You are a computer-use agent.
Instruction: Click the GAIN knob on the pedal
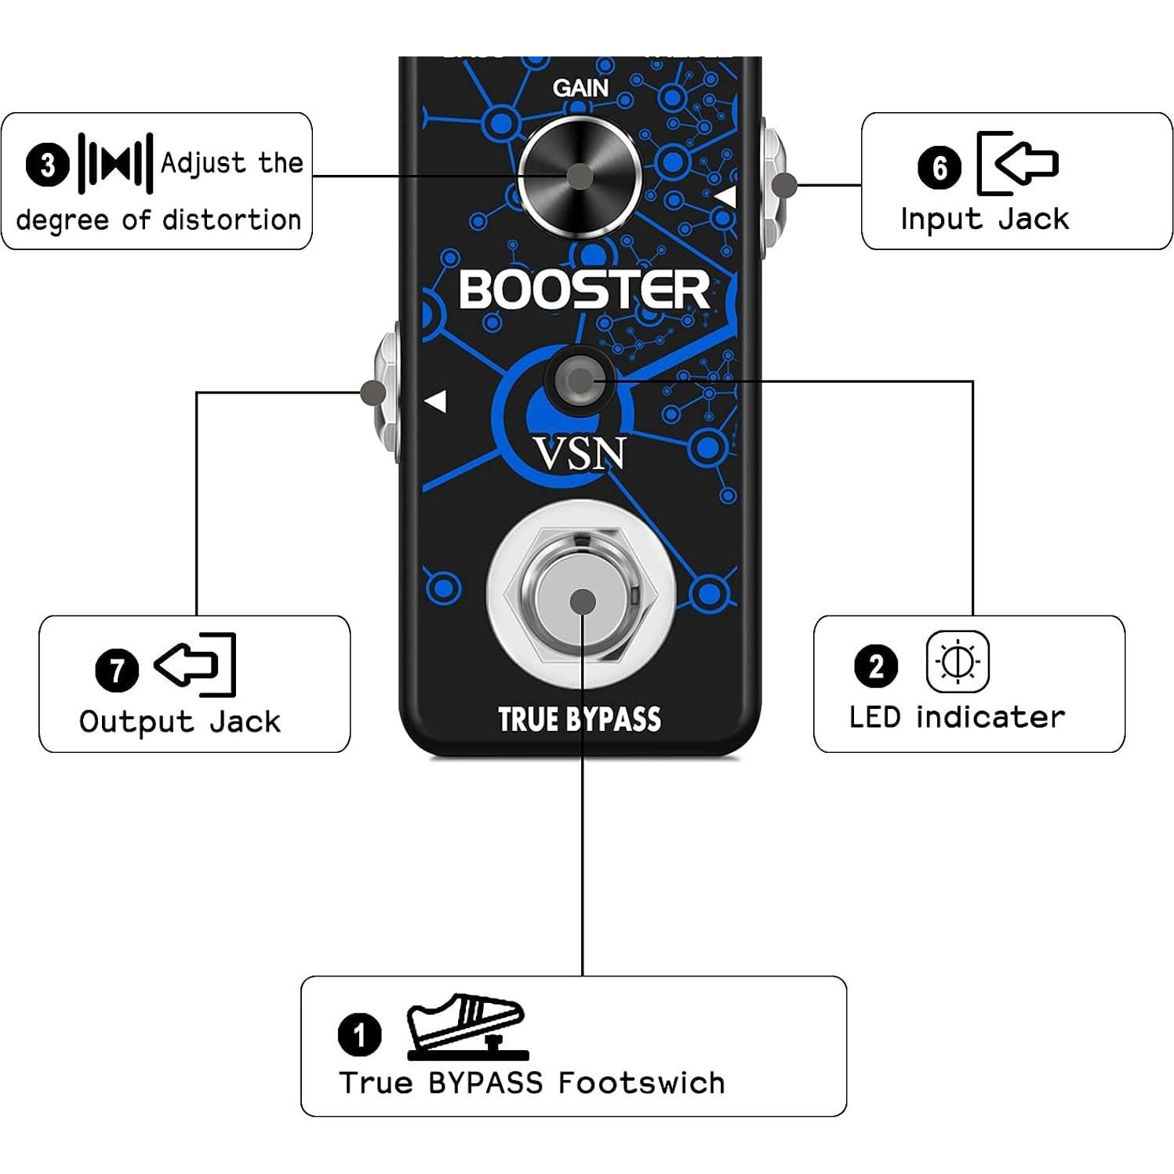click(x=580, y=176)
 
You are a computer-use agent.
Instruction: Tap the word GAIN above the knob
click(x=580, y=88)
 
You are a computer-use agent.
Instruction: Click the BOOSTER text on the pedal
click(x=584, y=289)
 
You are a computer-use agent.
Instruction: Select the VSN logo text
click(x=580, y=454)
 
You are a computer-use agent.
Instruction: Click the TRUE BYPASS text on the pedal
click(x=580, y=719)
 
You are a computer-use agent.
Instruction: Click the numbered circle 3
click(x=48, y=165)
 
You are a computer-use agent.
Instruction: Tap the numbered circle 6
click(x=940, y=167)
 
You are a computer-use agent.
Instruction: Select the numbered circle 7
click(x=117, y=670)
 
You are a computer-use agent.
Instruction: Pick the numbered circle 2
click(x=875, y=666)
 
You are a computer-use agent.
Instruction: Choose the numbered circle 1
click(x=359, y=1034)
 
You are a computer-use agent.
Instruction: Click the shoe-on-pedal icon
click(x=466, y=1027)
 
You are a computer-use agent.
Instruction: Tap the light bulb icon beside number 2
click(x=958, y=662)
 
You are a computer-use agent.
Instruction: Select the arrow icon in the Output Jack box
click(x=194, y=665)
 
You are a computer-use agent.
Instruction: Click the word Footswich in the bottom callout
click(x=641, y=1083)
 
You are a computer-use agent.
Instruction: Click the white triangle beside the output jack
click(x=436, y=402)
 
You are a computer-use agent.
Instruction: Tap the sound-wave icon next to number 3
click(x=115, y=164)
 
